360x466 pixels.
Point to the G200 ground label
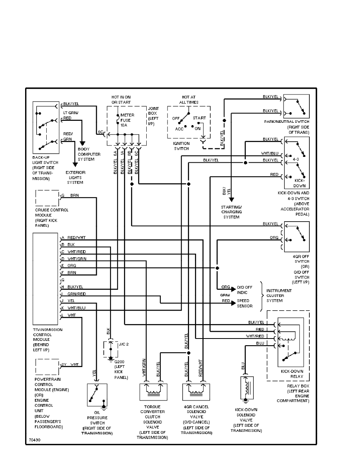point(121,369)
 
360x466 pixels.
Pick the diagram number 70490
point(34,440)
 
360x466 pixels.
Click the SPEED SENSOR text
point(244,303)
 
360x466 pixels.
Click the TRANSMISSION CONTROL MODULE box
point(46,277)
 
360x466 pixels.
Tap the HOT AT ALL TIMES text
point(189,100)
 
